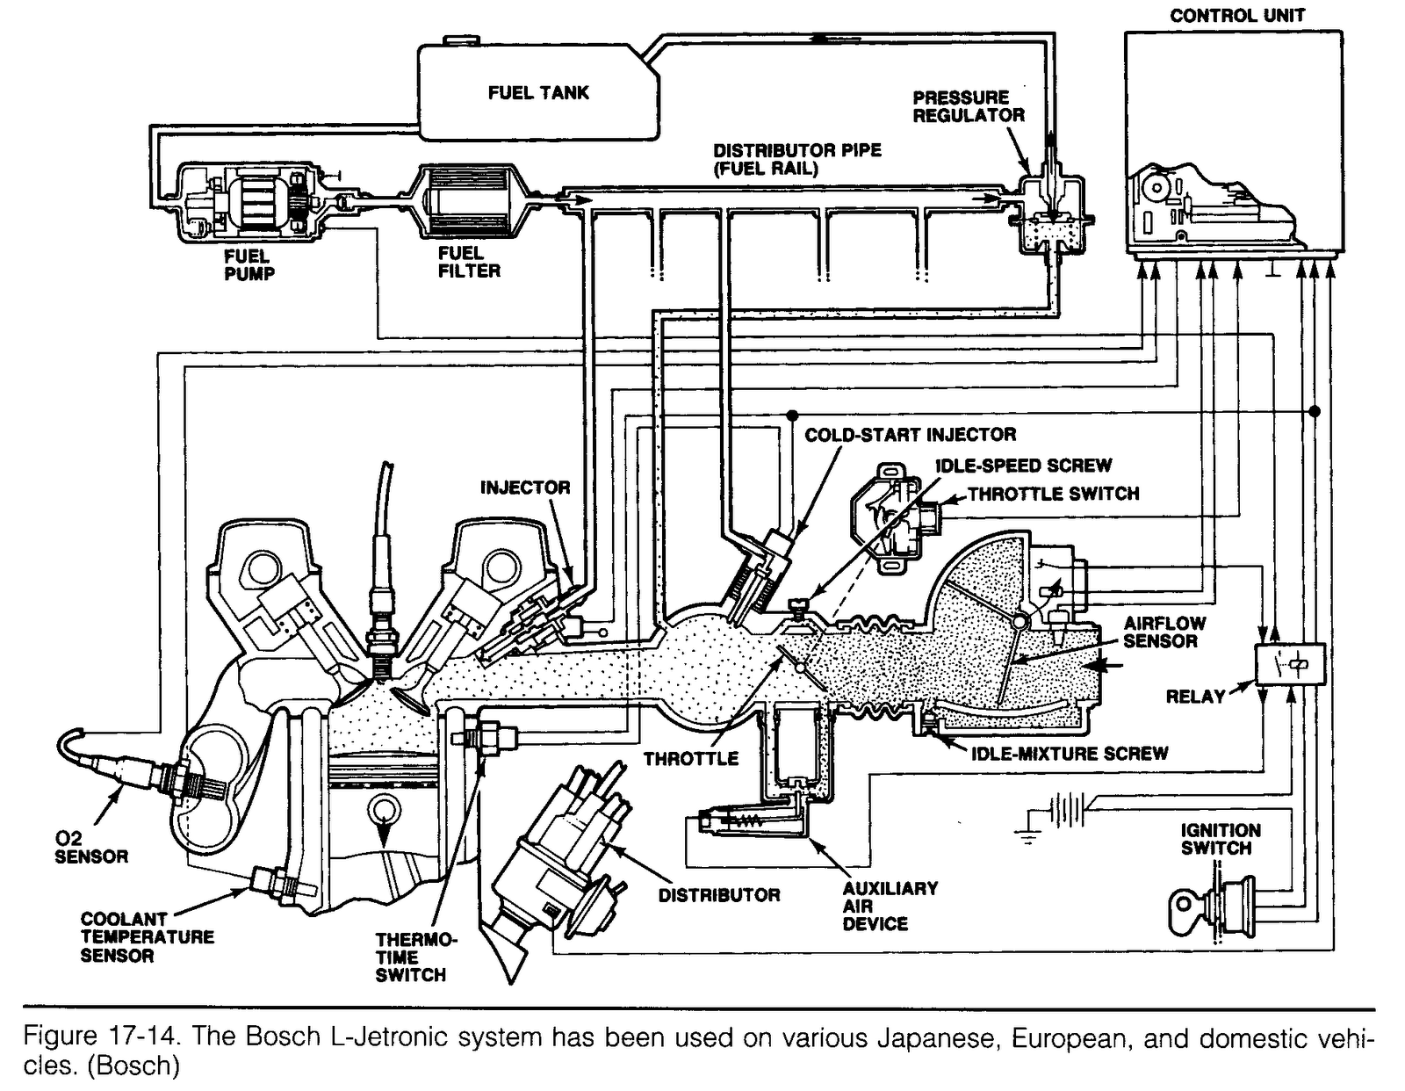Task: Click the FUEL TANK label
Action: (538, 92)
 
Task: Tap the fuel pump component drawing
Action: (248, 201)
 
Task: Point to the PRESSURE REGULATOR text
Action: (968, 106)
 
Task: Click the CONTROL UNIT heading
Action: (1237, 15)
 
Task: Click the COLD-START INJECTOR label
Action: (910, 434)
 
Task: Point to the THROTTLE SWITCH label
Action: (1053, 494)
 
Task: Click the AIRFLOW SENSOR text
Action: (1164, 632)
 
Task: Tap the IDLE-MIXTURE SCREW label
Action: (1069, 753)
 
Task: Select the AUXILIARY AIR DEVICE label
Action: (890, 906)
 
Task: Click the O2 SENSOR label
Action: (90, 848)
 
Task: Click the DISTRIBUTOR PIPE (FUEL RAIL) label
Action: (796, 159)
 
